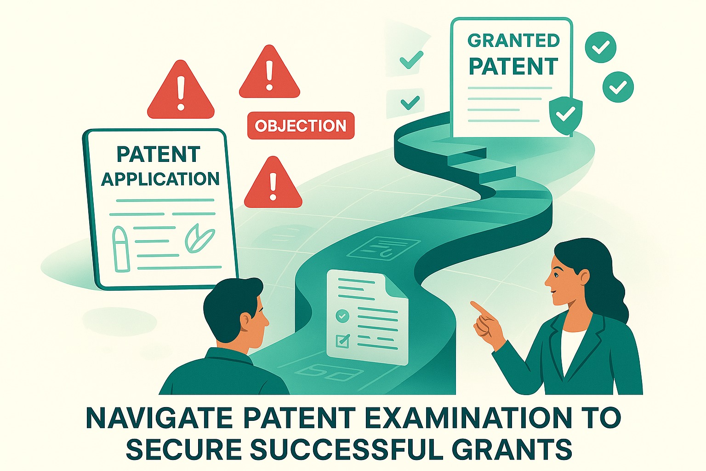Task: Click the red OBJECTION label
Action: pyautogui.click(x=301, y=126)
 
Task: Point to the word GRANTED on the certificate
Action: pyautogui.click(x=513, y=40)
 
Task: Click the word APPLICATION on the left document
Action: pyautogui.click(x=160, y=179)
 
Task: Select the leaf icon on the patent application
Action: pyautogui.click(x=199, y=238)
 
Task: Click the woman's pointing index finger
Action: pyautogui.click(x=478, y=308)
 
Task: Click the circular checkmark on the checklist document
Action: pyautogui.click(x=342, y=316)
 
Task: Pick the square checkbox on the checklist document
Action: pyautogui.click(x=342, y=341)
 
